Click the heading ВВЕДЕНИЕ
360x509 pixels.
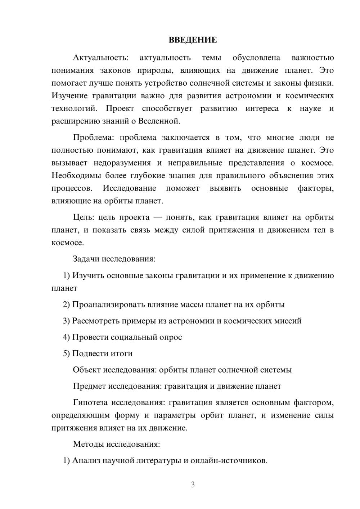point(193,40)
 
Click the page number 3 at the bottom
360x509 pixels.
point(193,485)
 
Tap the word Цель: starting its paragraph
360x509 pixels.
point(84,217)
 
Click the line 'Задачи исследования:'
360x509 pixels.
point(114,259)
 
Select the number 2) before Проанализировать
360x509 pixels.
point(66,305)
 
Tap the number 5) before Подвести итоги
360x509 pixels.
point(66,353)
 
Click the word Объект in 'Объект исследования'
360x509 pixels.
point(87,370)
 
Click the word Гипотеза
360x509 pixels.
point(90,402)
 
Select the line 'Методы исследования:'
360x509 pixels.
point(116,444)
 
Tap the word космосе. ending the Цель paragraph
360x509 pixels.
point(68,243)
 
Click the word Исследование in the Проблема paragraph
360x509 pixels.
point(129,188)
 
